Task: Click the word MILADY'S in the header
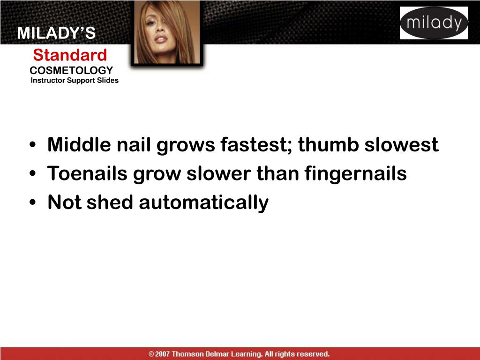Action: pos(56,34)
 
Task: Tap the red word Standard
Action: pos(70,55)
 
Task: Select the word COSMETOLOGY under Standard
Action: pos(71,70)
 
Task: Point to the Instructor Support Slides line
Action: pos(75,81)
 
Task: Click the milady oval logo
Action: pos(434,23)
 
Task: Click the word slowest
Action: pos(402,145)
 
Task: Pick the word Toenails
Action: pos(88,174)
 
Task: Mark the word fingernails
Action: pos(355,174)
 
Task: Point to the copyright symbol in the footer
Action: pos(151,354)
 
